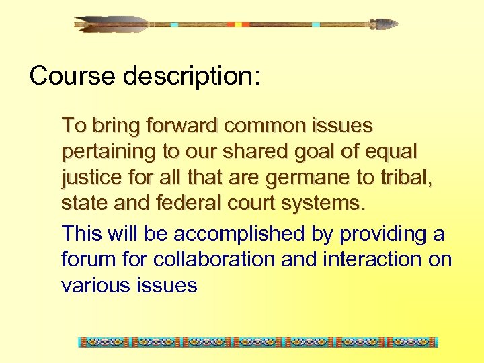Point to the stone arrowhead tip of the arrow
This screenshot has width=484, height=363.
(x=385, y=24)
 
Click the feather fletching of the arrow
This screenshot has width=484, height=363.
(x=111, y=24)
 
